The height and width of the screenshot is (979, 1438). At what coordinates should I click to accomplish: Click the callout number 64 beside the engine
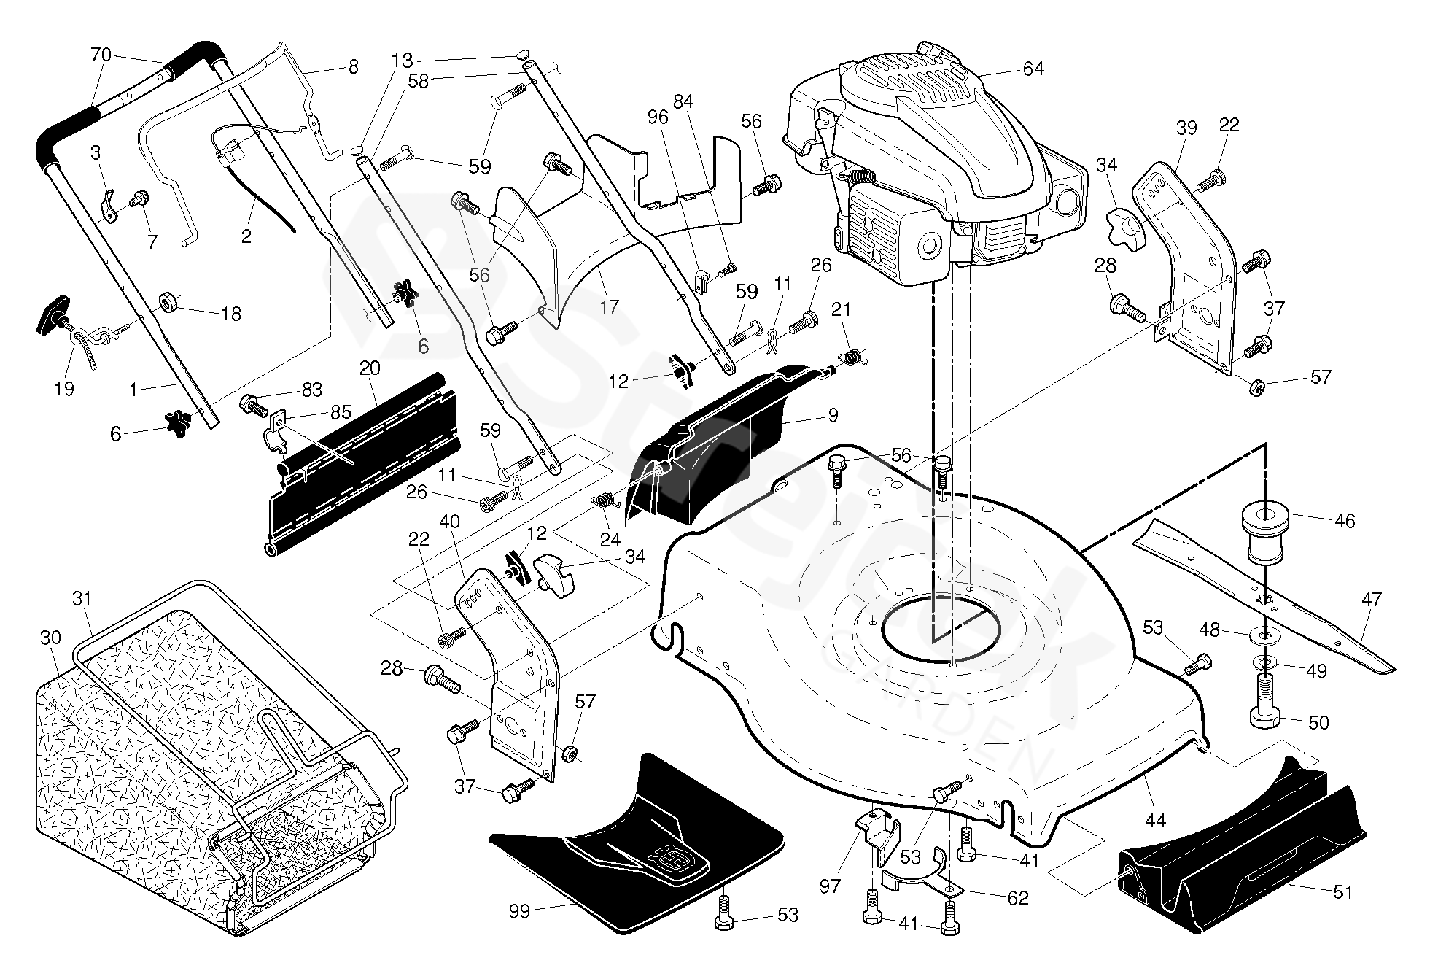click(x=1033, y=69)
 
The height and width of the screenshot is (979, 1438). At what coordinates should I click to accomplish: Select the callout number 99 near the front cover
click(x=519, y=911)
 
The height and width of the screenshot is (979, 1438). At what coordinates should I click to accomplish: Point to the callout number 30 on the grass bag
click(x=50, y=638)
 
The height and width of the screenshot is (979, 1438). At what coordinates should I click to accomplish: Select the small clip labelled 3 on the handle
click(x=107, y=207)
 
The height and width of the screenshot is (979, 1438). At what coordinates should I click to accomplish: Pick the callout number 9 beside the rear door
click(x=833, y=416)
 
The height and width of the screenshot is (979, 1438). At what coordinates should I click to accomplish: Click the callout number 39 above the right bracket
click(x=1186, y=128)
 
